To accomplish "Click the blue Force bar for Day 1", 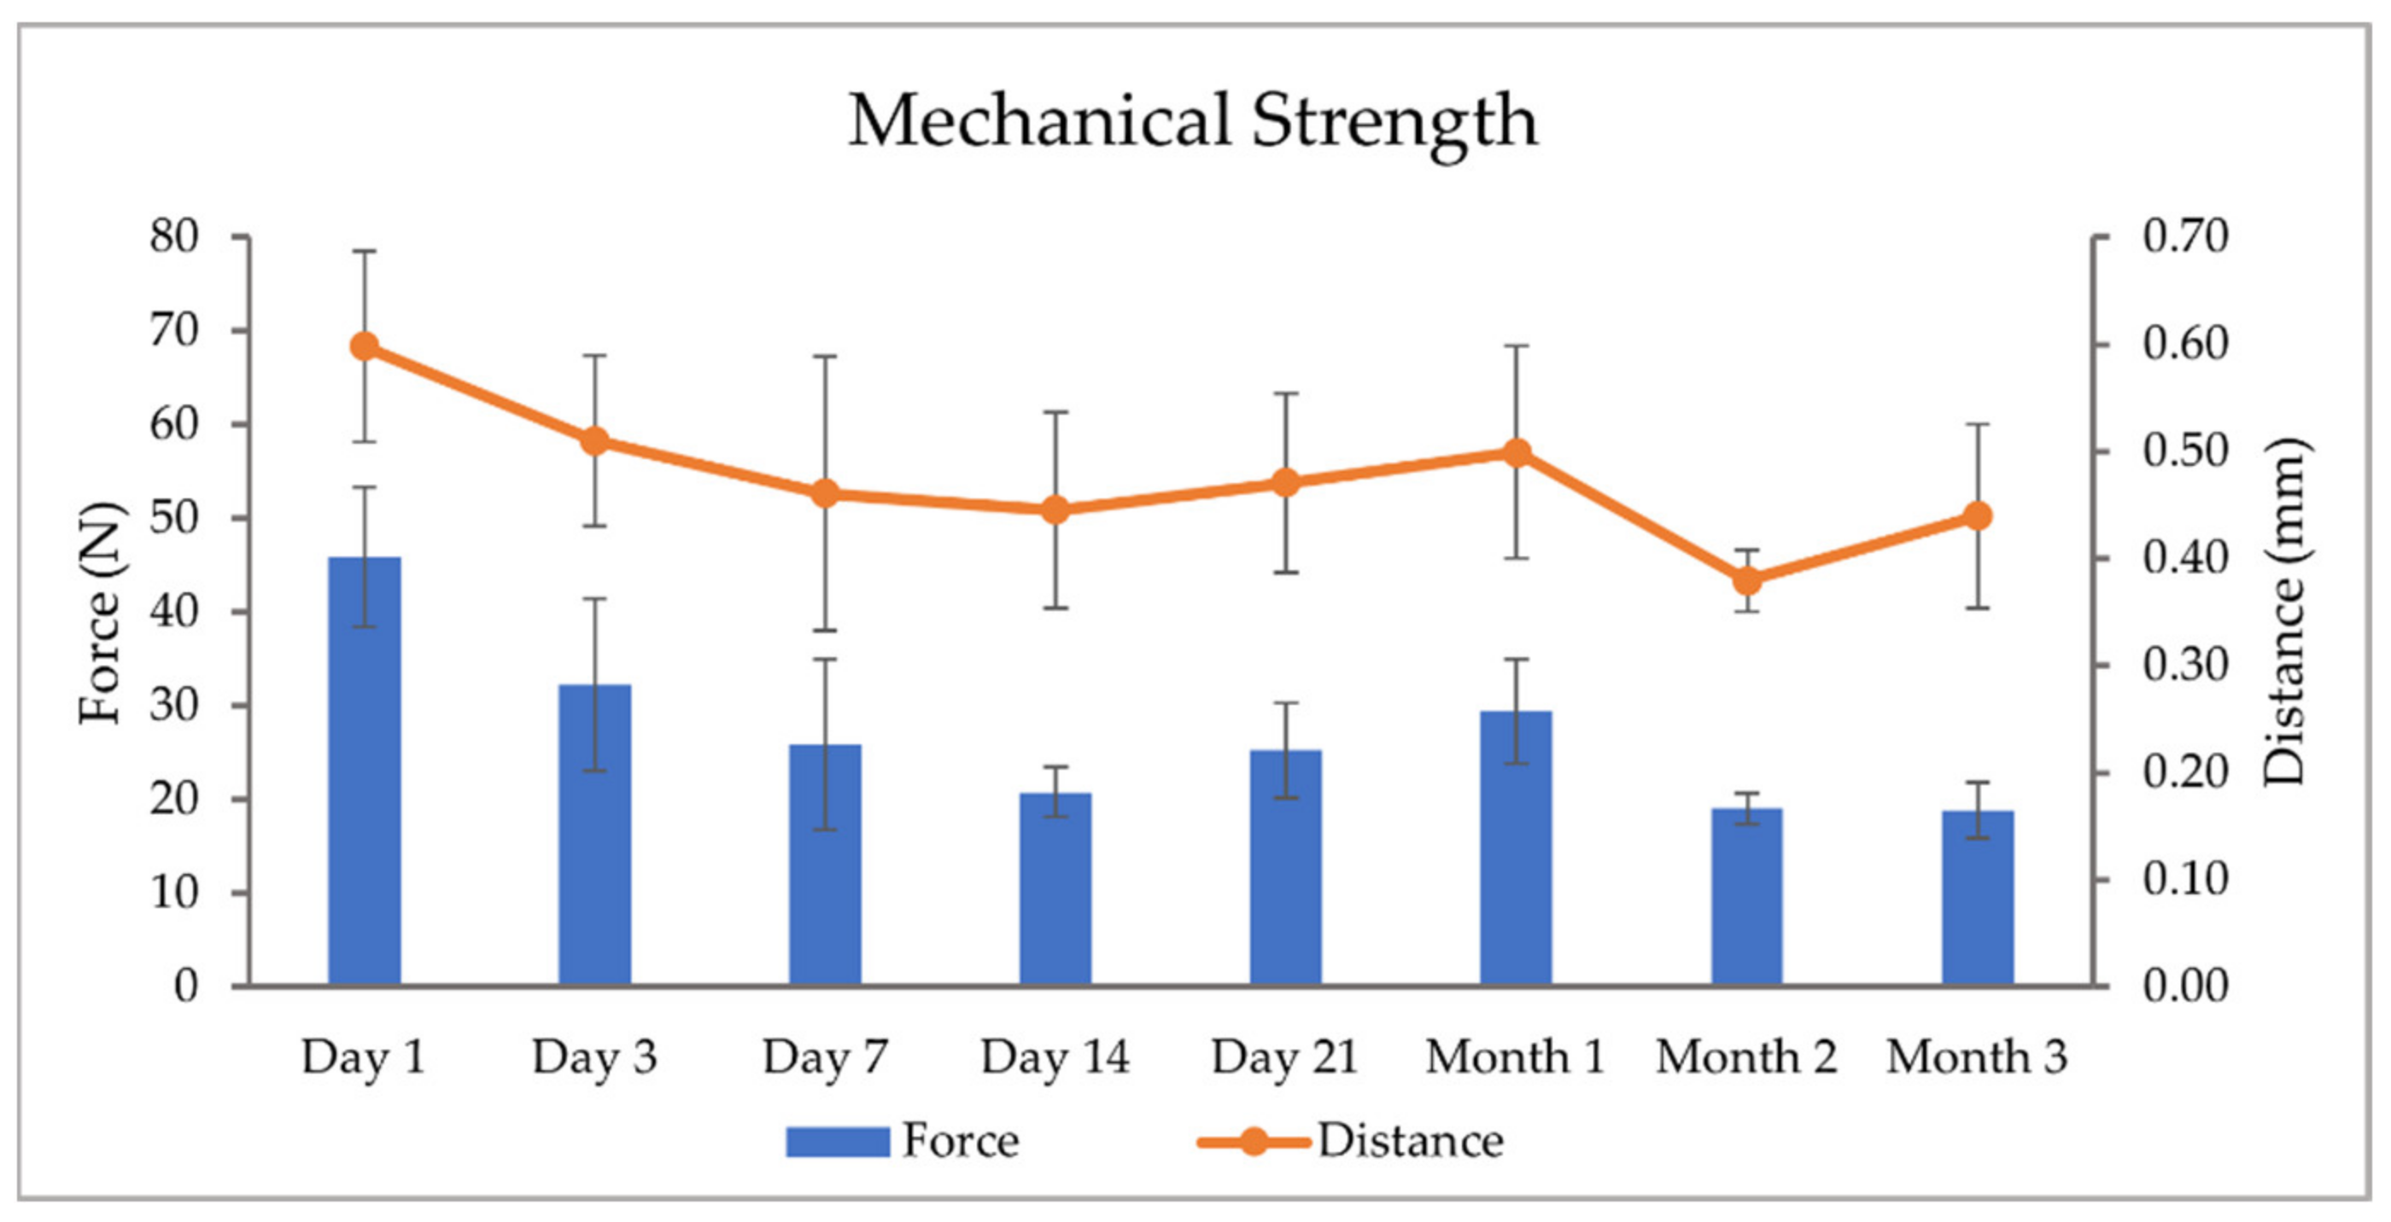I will point(364,770).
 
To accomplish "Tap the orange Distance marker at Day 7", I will point(825,495).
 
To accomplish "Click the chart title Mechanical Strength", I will point(1193,120).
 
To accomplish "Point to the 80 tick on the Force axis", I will point(174,237).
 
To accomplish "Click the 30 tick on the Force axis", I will point(174,706).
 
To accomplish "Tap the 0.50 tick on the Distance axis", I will point(2185,452).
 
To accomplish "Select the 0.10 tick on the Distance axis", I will point(2185,880).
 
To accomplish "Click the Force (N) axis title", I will point(100,613).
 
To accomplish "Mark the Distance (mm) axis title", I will point(2283,613).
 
